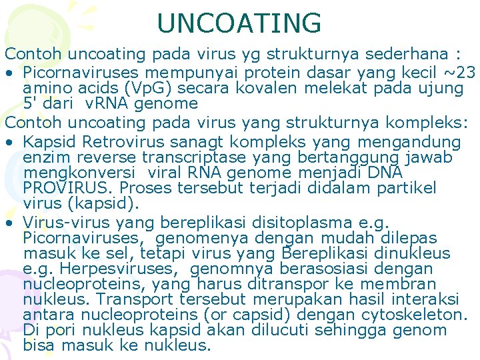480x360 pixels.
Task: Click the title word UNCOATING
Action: tap(239, 23)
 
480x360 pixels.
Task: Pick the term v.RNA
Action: tap(108, 103)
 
